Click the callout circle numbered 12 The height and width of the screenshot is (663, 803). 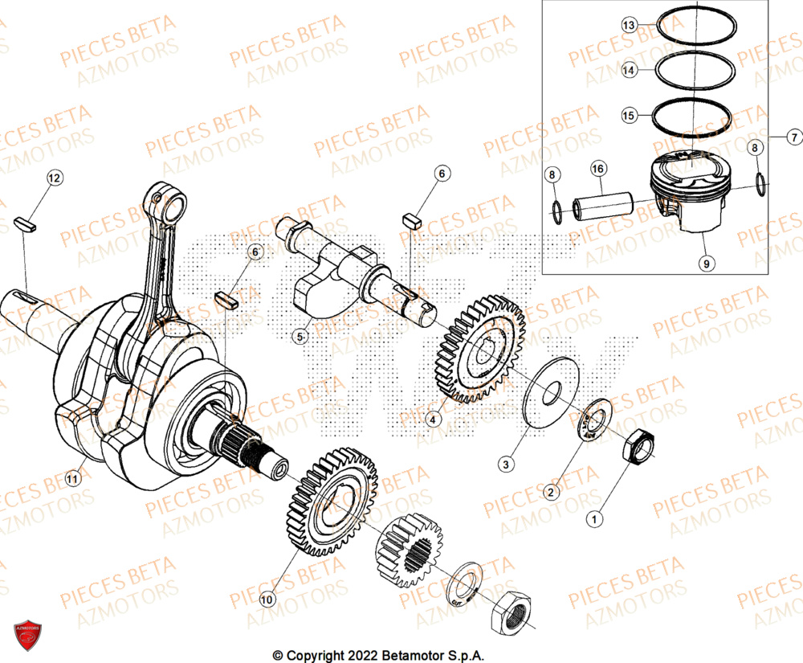click(54, 178)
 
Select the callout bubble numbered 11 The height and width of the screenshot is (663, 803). click(73, 480)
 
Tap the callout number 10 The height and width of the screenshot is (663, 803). click(267, 599)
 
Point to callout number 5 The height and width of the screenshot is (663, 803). click(300, 338)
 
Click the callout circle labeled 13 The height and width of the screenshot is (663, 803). click(630, 26)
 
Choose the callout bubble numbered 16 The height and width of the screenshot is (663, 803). click(598, 168)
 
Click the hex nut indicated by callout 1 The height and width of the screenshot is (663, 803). click(639, 446)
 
